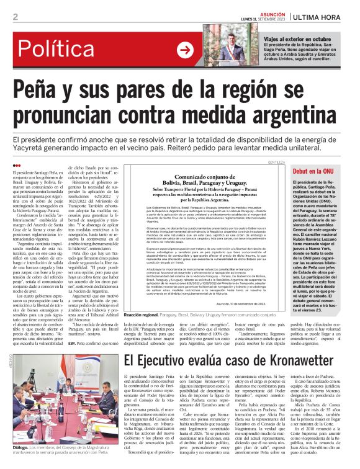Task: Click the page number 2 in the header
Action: (14, 16)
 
